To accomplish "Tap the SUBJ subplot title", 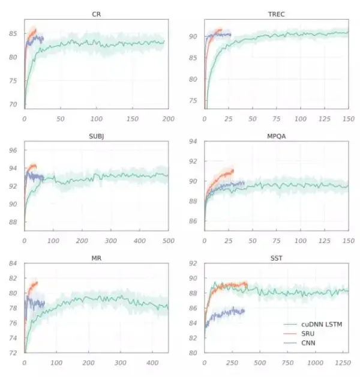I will (96, 136).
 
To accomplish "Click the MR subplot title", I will (96, 259).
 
